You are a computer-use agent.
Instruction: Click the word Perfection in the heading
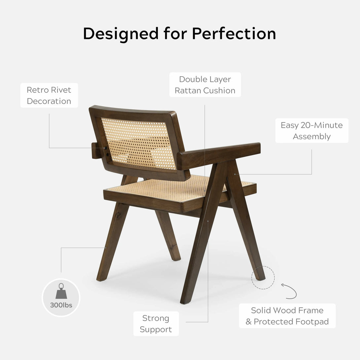pos(234,34)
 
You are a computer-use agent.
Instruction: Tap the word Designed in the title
pos(121,34)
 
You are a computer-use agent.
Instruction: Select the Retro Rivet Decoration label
pos(49,95)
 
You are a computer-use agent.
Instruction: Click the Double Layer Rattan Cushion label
pos(205,85)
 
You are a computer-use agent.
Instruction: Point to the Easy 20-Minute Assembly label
pos(312,131)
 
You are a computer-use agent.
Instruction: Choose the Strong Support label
pos(156,323)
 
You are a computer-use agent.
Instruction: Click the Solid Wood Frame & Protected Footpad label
pos(287,316)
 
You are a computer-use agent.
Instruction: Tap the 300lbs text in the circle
pos(61,305)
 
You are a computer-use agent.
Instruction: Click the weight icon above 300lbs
pos(61,291)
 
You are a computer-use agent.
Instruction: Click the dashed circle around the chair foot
pos(263,266)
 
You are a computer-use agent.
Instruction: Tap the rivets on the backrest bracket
pos(106,151)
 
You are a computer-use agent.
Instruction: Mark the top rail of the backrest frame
pos(133,111)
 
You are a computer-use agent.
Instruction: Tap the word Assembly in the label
pos(312,137)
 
